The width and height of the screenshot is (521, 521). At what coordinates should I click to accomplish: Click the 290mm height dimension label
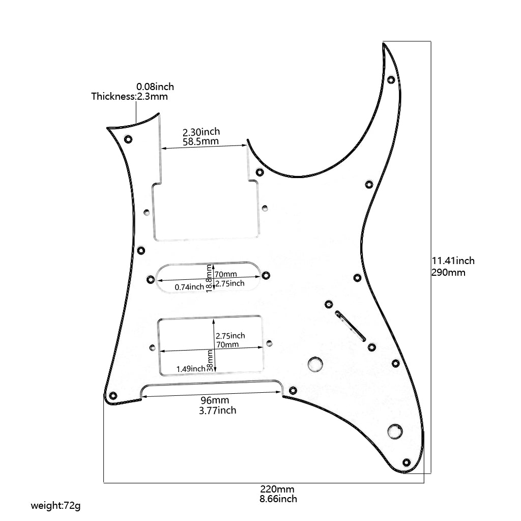[448, 272]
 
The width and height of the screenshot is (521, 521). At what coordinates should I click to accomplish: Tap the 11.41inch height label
[453, 260]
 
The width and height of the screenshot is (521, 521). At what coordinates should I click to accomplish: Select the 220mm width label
[277, 489]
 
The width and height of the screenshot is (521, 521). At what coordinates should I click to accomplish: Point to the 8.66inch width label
[278, 499]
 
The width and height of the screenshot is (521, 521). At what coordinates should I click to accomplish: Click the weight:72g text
[55, 506]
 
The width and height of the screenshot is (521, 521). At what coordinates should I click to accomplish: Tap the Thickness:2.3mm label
[129, 96]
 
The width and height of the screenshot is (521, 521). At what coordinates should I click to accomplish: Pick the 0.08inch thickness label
[155, 86]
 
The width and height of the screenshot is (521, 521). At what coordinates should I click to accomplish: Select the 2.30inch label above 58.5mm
[201, 131]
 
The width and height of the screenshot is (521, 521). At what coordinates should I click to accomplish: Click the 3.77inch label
[217, 410]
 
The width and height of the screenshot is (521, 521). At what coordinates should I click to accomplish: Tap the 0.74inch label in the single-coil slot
[189, 287]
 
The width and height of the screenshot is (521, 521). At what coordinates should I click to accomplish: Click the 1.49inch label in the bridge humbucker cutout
[191, 368]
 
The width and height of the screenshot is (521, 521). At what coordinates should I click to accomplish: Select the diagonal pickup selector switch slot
[350, 326]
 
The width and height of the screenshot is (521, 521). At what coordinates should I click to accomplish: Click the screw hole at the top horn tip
[391, 80]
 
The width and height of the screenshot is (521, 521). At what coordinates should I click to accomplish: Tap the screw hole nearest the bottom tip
[406, 462]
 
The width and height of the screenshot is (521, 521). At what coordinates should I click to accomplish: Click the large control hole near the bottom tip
[395, 431]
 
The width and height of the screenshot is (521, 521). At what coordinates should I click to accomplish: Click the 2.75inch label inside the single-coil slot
[230, 283]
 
